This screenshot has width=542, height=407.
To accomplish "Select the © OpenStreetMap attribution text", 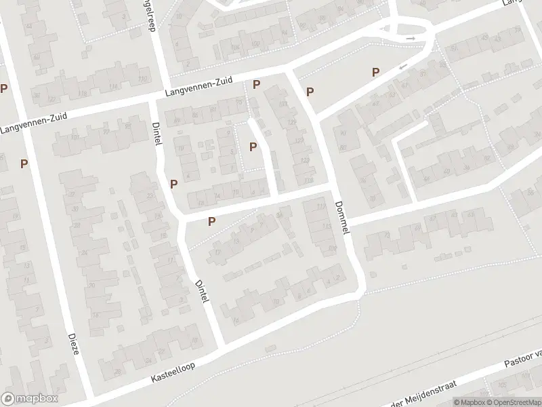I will coord(509,402).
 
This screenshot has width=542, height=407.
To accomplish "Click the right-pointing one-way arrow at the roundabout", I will coord(411,39).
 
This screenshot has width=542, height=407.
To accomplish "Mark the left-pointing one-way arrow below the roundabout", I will coord(404,66).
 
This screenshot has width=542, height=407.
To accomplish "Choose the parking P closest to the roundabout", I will coord(374,72).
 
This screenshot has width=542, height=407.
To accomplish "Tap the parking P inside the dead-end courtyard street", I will coord(253,146).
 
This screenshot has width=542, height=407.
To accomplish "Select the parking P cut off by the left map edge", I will coord(4,88).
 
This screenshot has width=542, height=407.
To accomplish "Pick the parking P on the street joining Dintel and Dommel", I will coord(211,220).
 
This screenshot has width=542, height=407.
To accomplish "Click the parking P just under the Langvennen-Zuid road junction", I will coord(257,84).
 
